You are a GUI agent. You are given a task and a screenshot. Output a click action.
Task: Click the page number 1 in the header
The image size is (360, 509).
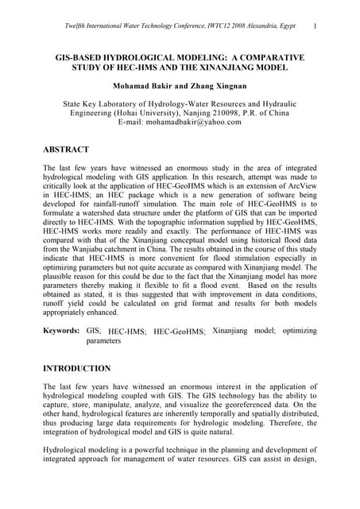coord(315,25)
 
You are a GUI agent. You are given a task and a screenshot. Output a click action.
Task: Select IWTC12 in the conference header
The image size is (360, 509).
coord(197,26)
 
